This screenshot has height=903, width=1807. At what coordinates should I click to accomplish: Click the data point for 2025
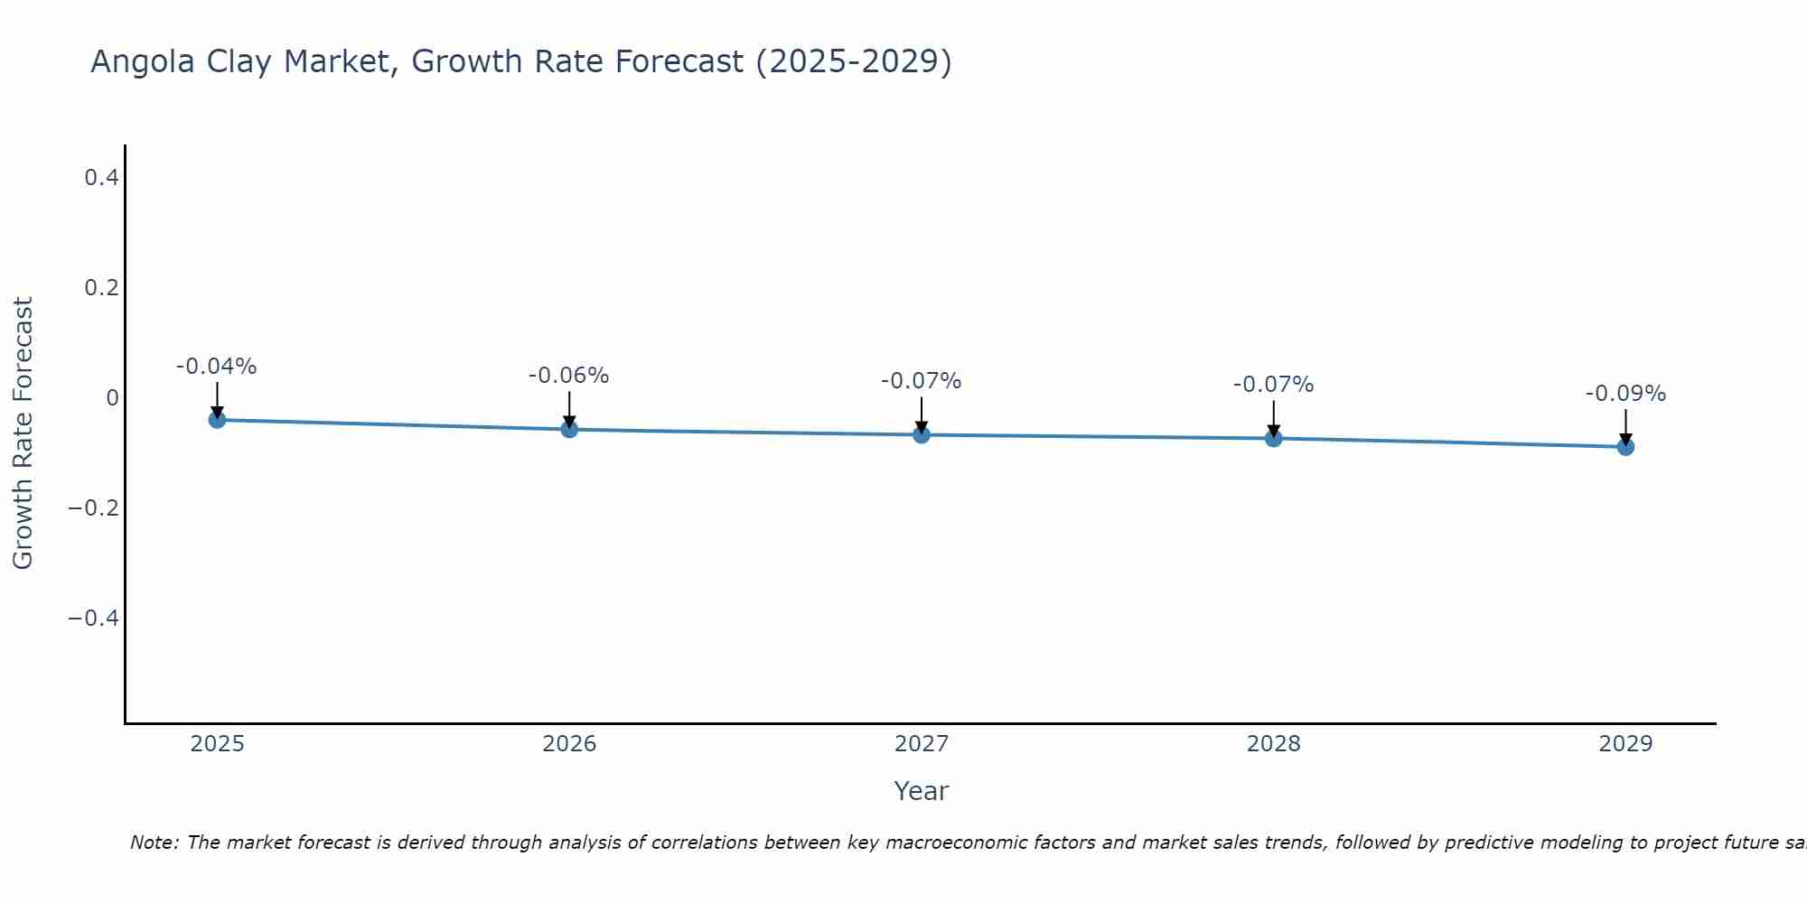[217, 419]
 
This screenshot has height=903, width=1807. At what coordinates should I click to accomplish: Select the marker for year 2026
[569, 429]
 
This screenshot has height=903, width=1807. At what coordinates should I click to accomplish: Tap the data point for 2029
[1625, 446]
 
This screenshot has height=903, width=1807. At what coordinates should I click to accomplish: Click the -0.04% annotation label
[216, 367]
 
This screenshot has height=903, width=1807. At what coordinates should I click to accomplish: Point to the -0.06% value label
[568, 376]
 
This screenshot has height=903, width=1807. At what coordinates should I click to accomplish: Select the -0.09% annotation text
[1625, 394]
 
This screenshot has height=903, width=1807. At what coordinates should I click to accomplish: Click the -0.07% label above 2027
[921, 381]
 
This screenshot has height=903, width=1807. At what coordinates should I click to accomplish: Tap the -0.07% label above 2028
[1273, 385]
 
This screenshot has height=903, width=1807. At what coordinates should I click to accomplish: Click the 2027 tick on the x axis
[922, 744]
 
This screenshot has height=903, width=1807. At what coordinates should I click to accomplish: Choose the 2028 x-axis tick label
[1273, 744]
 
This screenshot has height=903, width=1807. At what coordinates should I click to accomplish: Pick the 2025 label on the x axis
[218, 744]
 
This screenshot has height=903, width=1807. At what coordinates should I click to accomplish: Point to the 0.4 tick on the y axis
[101, 178]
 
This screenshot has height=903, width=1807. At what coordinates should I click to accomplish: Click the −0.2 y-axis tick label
[94, 508]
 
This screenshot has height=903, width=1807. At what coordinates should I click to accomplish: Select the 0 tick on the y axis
[112, 398]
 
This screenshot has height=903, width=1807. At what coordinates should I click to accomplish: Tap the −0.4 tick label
[94, 619]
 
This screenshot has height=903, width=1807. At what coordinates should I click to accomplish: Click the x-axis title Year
[921, 791]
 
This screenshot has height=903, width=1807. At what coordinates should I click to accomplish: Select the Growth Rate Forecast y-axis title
[23, 433]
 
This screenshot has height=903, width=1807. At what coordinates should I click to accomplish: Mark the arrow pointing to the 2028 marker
[1273, 420]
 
